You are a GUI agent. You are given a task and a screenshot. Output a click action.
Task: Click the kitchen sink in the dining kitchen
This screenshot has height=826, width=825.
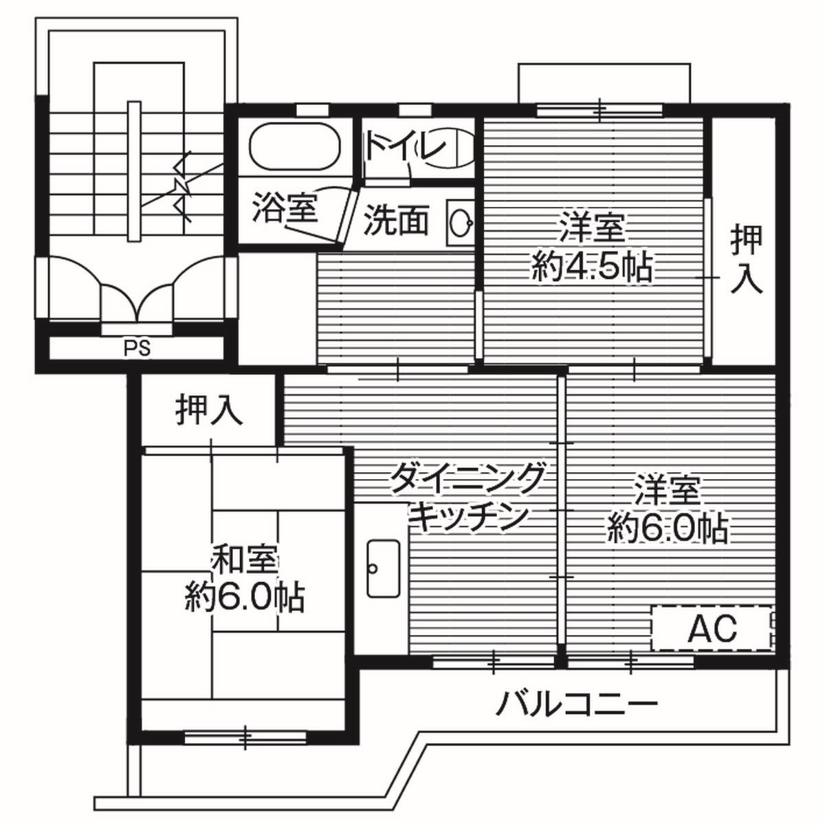(383, 568)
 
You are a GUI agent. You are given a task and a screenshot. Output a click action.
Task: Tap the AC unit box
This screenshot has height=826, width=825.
(712, 628)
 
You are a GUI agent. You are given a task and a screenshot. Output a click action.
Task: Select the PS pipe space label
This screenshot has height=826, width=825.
(137, 348)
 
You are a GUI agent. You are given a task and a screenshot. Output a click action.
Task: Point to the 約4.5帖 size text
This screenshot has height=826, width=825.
(591, 268)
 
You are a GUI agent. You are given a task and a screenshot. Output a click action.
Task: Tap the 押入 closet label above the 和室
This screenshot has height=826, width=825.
(209, 410)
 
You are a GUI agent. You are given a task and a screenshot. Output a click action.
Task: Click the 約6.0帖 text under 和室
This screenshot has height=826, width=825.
(245, 597)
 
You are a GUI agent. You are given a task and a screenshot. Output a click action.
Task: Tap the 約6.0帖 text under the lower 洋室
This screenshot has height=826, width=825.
(667, 528)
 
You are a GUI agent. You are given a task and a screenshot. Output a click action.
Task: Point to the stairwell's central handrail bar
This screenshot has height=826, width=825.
(133, 172)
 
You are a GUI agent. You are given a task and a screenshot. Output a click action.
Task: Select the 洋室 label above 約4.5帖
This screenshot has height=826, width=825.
(591, 229)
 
